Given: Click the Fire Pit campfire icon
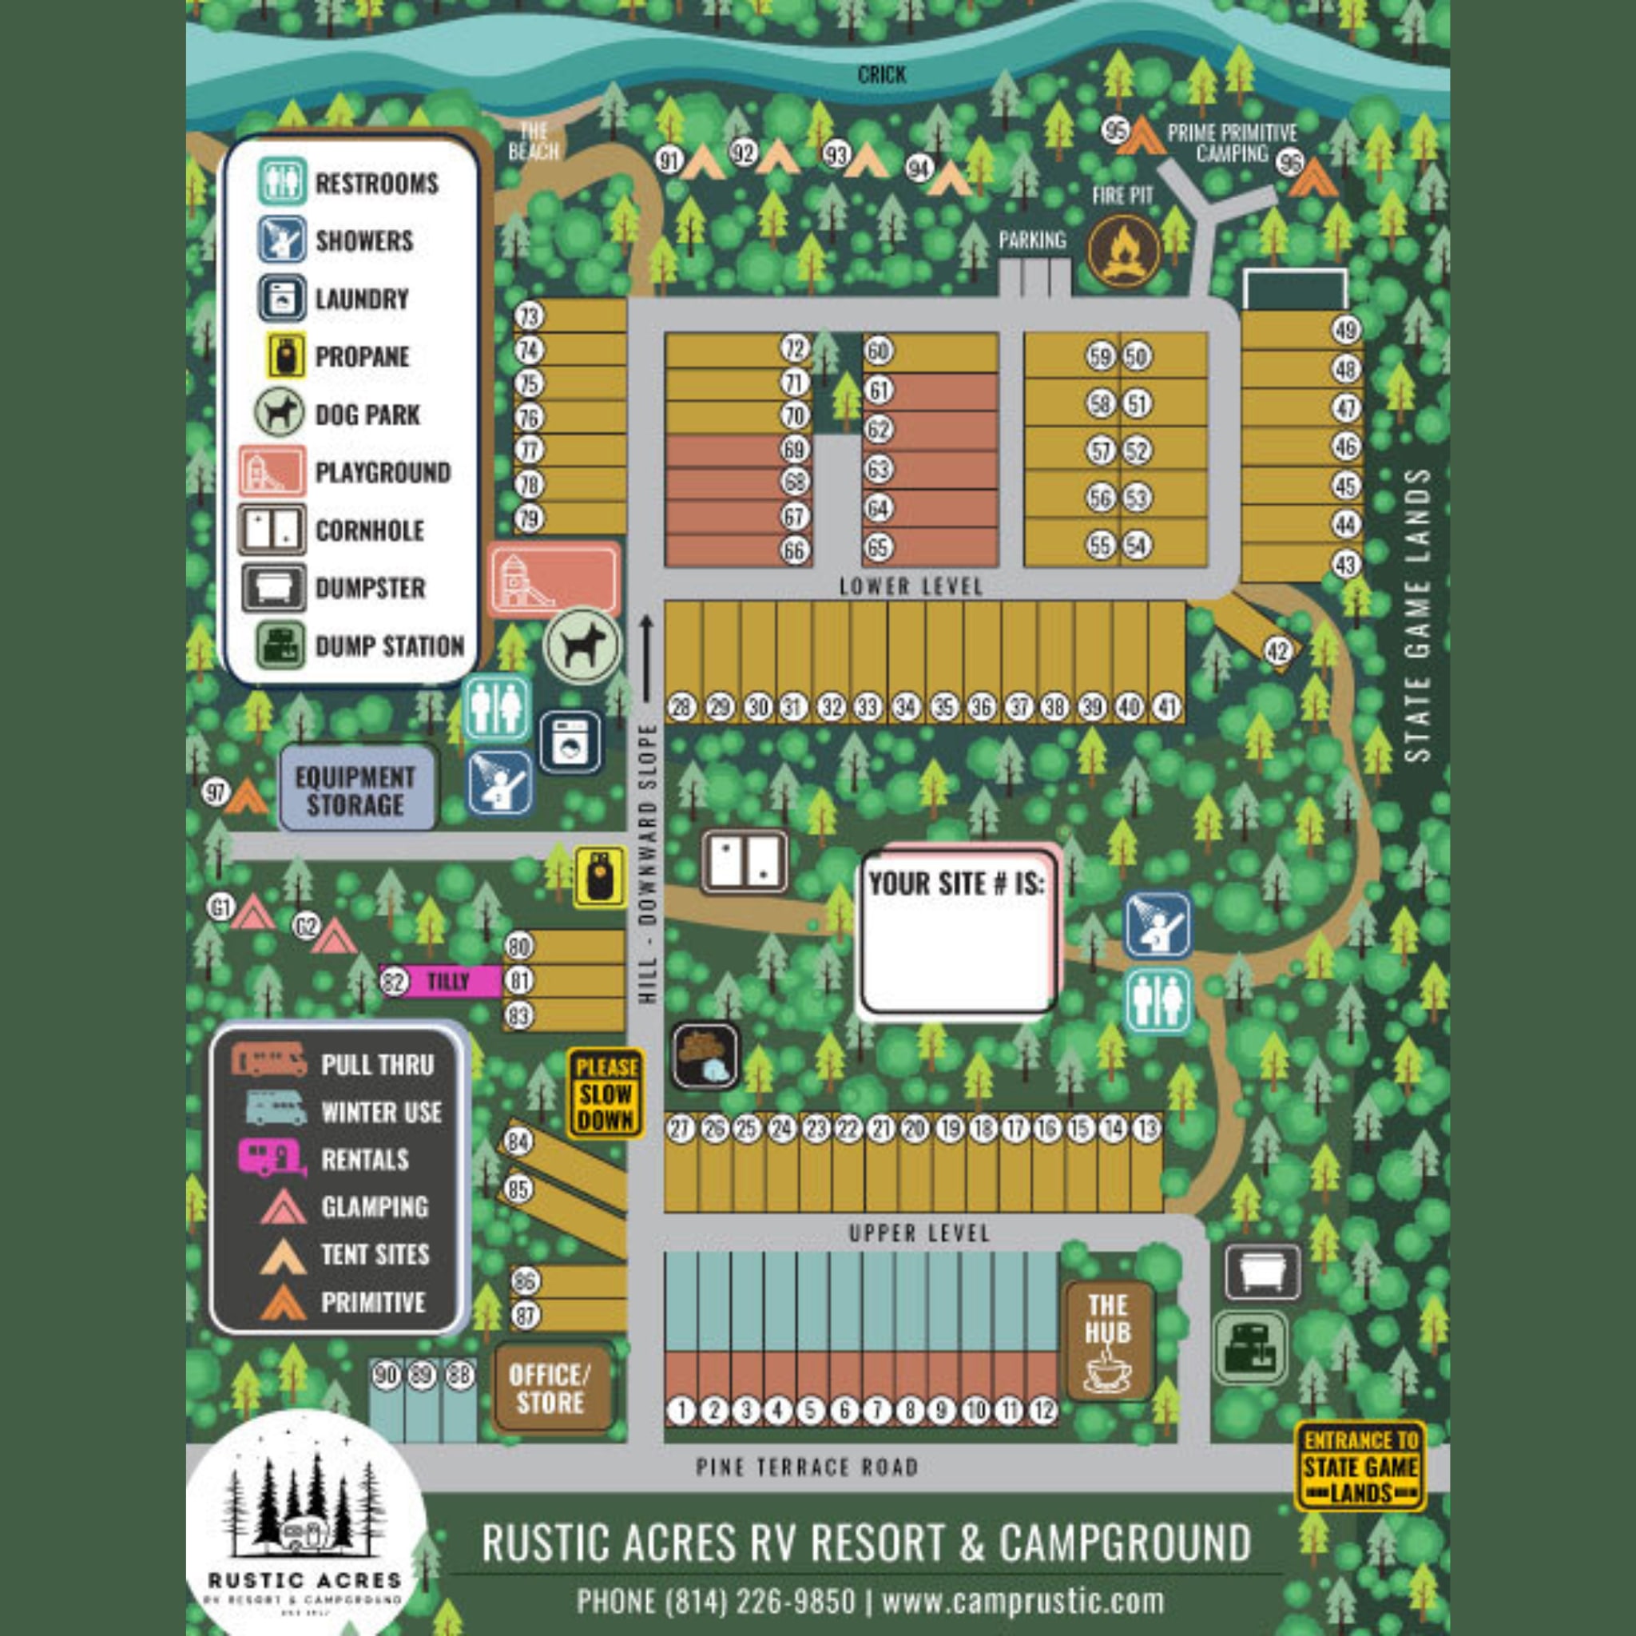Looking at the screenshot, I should [1123, 251].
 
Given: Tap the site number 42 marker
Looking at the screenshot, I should [1278, 651].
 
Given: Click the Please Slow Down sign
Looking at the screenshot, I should [605, 1094].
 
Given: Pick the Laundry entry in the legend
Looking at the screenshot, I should [339, 299].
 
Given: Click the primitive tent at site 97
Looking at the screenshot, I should [245, 795].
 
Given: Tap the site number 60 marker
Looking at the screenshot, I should [878, 351].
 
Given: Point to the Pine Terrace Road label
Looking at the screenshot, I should [806, 1467].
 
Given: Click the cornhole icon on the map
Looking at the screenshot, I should [745, 862].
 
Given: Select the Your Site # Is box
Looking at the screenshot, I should [957, 931].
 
